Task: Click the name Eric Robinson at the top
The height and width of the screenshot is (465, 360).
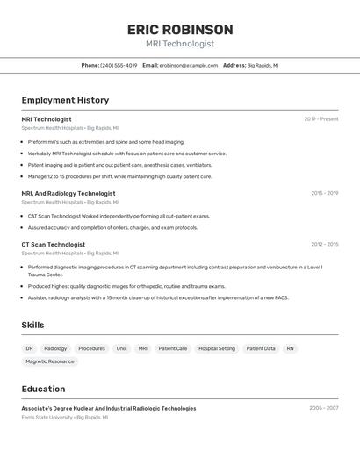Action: (180, 30)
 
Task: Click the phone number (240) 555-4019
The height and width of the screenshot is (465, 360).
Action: (119, 66)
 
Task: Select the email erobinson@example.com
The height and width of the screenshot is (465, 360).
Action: (188, 66)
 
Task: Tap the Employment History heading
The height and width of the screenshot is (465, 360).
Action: (65, 101)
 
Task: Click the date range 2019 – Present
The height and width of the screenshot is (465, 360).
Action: (320, 119)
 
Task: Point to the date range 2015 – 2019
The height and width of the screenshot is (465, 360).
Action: (324, 193)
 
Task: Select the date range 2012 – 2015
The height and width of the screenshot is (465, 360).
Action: (324, 245)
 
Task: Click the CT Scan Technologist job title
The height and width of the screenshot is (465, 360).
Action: (54, 245)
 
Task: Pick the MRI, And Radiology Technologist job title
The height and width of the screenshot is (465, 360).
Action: (68, 193)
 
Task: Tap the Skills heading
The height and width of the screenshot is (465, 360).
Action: (32, 325)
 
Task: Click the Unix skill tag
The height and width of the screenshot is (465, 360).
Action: (121, 348)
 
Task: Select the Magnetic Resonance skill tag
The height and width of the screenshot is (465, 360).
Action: (50, 361)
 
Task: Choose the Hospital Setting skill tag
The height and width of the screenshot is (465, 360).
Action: (217, 348)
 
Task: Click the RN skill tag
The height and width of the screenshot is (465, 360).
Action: (290, 348)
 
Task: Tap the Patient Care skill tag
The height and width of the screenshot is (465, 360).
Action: (173, 348)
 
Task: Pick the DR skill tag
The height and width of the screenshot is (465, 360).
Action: (29, 348)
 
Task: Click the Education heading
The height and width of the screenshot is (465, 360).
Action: (43, 389)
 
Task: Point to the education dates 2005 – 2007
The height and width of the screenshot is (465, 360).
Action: (323, 408)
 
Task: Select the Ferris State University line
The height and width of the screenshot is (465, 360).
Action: (65, 418)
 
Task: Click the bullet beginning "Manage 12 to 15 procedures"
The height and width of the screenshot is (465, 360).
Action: (119, 176)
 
